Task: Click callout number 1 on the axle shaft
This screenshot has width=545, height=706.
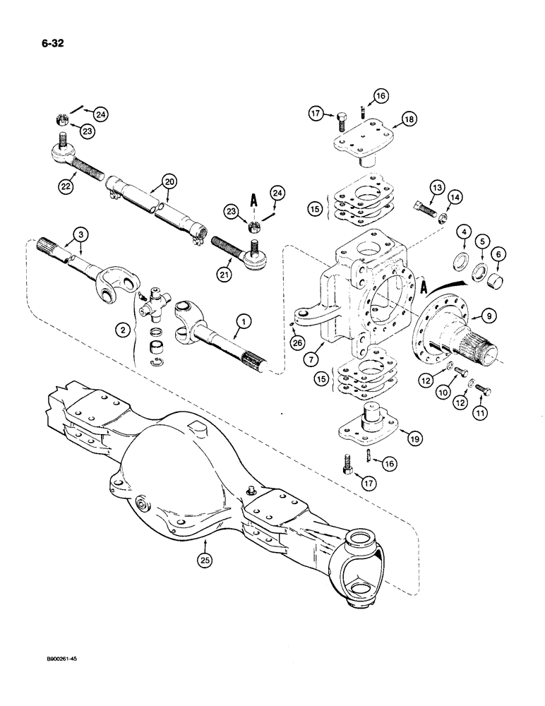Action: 242,323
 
